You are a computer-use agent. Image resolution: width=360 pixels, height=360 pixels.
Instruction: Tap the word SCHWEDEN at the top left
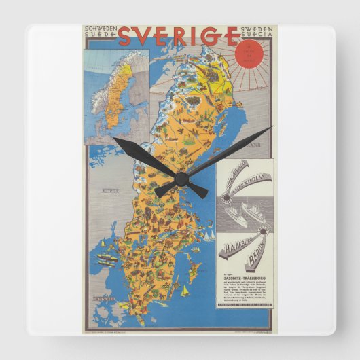tap(101, 29)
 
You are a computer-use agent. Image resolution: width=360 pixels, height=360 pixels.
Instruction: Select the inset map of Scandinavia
tap(115, 95)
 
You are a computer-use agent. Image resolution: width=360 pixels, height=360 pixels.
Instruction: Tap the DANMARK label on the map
tap(103, 297)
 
